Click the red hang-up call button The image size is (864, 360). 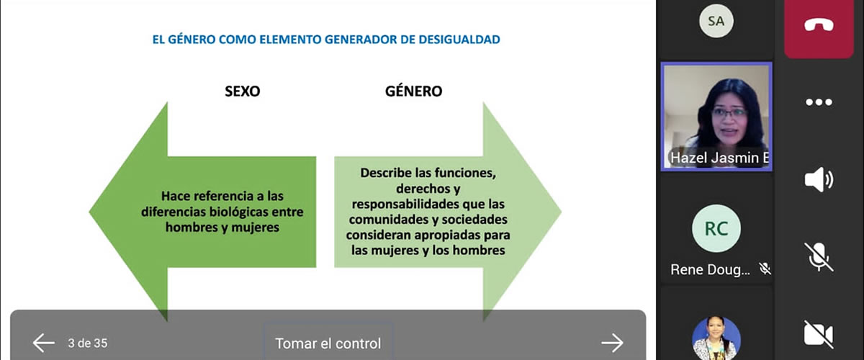pos(819,26)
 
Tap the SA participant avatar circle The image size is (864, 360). pos(716,21)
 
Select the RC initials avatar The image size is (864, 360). pos(716,228)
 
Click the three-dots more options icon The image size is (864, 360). pos(819,102)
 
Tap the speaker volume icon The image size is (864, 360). pos(819,179)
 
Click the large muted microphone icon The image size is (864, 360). pos(819,257)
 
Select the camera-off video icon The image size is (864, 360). pos(819,334)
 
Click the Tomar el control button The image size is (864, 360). pos(328,343)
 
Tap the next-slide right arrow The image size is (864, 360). pos(612,343)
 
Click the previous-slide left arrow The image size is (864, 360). pos(44,343)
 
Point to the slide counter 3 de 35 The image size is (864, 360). pos(88,343)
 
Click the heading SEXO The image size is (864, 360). pos(243,91)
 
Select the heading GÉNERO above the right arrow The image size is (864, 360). pos(414,91)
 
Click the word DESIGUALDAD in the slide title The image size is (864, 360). pos(459,40)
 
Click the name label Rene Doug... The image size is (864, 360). pos(710,270)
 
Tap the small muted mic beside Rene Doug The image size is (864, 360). pos(765,269)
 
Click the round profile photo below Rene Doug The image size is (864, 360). pos(716,338)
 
